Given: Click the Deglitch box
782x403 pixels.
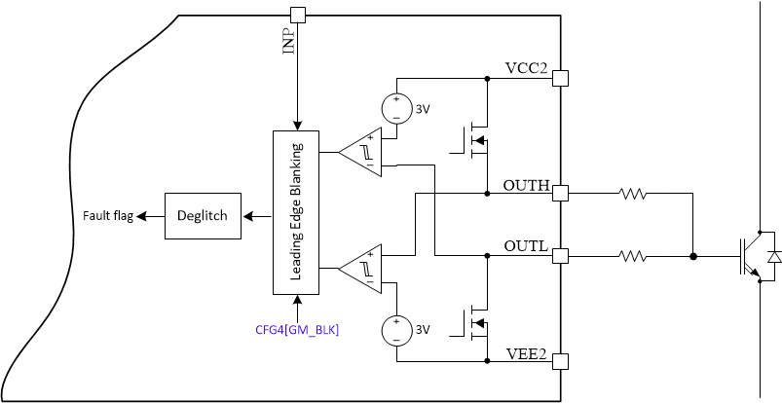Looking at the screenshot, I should tap(203, 215).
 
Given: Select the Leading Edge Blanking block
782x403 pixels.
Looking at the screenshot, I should tap(296, 210).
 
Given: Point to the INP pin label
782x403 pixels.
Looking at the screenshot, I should tap(289, 41).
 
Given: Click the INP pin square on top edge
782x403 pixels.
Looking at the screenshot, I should tap(297, 15).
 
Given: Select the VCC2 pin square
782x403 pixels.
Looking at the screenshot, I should tap(560, 78).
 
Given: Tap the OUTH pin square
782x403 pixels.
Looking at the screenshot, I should tap(560, 193).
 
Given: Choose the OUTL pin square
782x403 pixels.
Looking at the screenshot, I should tap(560, 256).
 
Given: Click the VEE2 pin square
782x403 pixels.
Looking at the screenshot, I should tap(560, 361).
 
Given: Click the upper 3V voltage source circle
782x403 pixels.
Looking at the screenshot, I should tap(396, 108).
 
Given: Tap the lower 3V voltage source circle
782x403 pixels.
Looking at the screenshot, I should tap(396, 330).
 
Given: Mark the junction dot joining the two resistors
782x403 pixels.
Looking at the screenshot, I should tap(692, 257).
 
